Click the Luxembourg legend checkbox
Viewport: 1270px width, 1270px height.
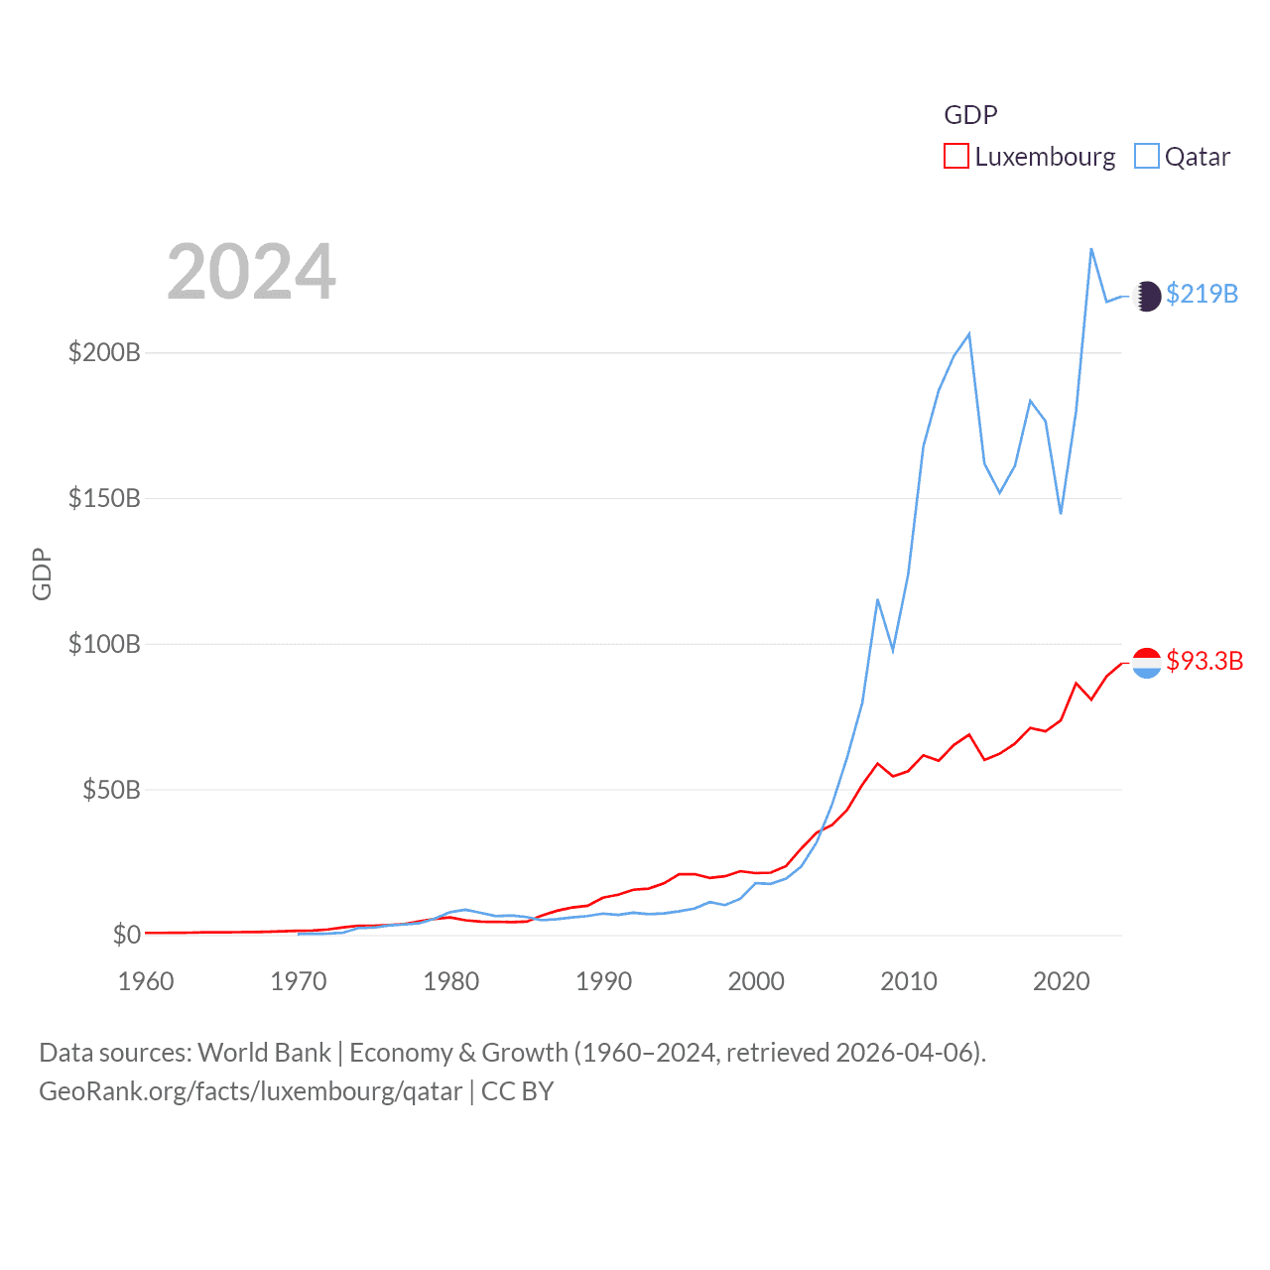955,157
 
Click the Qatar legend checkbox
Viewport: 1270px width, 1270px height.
1146,157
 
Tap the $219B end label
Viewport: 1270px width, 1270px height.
1202,294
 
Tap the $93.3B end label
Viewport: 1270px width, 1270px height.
1205,661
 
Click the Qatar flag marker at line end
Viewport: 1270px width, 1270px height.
1147,296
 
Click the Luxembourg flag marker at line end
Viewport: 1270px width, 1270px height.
1147,663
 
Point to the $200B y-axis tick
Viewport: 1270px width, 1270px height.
104,352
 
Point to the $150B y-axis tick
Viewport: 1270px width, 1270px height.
104,498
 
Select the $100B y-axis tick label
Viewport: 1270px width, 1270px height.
104,644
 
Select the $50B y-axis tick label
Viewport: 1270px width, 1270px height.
111,790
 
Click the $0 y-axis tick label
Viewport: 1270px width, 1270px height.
126,935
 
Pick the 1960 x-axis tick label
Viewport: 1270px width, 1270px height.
146,981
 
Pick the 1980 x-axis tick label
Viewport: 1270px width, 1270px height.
451,981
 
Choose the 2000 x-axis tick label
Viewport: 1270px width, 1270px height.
756,981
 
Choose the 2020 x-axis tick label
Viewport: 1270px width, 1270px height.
1062,981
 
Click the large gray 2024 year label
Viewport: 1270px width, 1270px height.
251,272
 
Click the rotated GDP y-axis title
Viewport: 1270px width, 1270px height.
42,573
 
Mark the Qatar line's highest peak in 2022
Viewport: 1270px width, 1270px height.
1091,249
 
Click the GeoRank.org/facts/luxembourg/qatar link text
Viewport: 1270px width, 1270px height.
250,1091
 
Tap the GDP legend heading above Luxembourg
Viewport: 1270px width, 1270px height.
970,115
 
